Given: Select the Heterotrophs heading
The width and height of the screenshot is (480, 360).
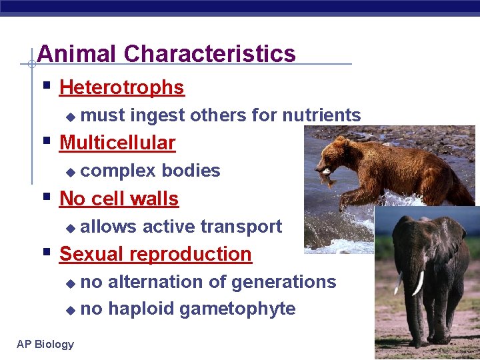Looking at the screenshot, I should point(121,87).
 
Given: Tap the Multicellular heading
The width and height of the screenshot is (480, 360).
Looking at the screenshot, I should point(117,143).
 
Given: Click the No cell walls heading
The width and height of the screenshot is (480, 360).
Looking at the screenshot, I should point(119,199).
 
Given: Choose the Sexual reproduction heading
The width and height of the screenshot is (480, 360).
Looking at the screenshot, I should point(155,254).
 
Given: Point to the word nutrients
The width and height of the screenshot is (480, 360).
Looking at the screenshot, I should point(321,115).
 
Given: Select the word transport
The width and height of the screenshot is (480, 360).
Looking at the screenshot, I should point(241,227).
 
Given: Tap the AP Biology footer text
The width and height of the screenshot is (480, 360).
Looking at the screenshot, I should point(45,344).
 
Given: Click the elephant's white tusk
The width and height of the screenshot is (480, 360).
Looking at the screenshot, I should point(418,283).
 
